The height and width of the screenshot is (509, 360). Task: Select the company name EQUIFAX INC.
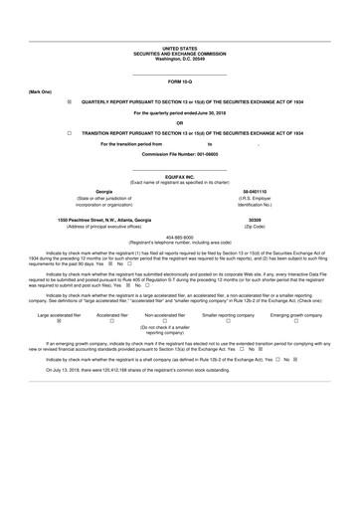pyautogui.click(x=180, y=175)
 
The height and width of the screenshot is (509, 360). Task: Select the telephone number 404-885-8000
pyautogui.click(x=180, y=236)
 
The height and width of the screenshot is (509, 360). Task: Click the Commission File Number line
pyautogui.click(x=180, y=155)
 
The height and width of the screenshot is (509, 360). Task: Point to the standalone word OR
pyautogui.click(x=180, y=122)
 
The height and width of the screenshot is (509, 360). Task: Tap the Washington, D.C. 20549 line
pyautogui.click(x=180, y=59)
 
